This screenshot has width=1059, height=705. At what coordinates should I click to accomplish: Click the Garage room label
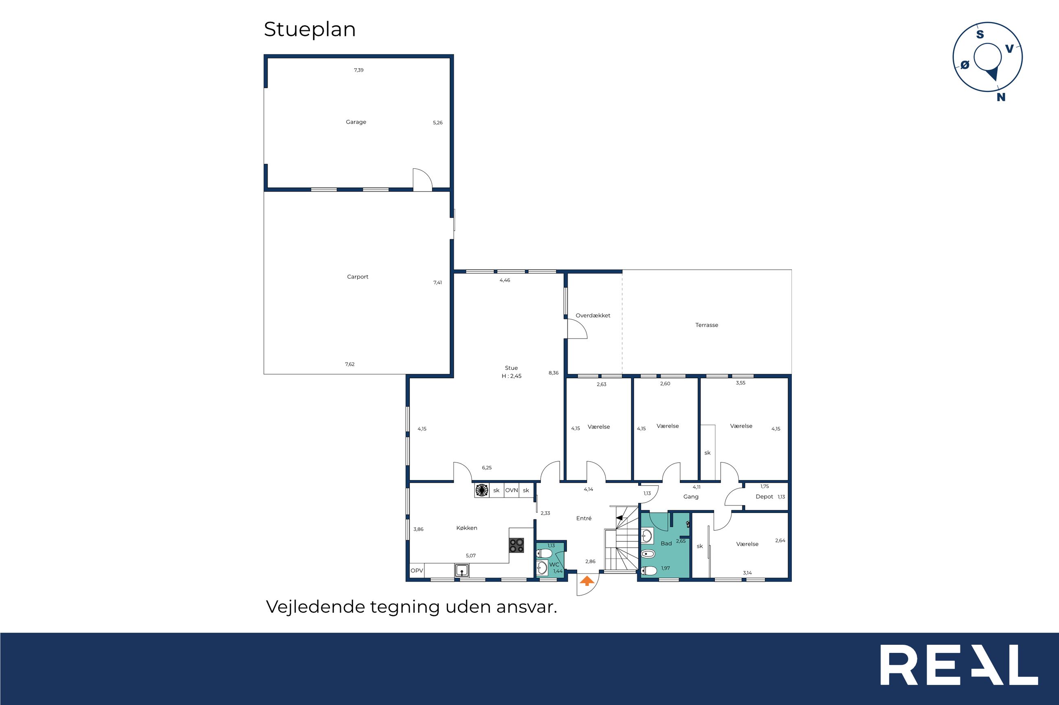(356, 122)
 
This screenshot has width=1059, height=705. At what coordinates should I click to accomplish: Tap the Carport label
(357, 277)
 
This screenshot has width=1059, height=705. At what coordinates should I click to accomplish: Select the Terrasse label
(707, 325)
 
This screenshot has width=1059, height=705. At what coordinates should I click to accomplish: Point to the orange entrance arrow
(587, 581)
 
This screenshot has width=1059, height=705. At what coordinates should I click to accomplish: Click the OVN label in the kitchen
(511, 490)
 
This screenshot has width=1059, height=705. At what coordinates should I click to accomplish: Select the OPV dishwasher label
(417, 571)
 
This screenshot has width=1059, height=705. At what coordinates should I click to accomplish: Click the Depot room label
(764, 497)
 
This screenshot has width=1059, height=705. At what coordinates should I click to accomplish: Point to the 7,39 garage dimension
(359, 70)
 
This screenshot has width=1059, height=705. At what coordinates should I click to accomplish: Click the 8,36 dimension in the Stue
(553, 373)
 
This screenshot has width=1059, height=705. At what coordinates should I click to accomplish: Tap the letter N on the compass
(1001, 97)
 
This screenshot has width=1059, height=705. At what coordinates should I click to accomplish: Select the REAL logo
(959, 665)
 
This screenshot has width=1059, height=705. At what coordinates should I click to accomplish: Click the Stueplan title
(310, 30)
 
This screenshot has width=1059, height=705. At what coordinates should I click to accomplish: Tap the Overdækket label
(593, 316)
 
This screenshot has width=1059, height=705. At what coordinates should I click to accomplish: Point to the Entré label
(584, 518)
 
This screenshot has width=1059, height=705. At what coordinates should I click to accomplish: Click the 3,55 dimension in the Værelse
(740, 383)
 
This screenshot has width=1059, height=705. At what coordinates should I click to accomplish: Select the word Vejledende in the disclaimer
(314, 607)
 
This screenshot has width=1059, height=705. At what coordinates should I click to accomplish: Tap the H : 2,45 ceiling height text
(511, 376)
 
